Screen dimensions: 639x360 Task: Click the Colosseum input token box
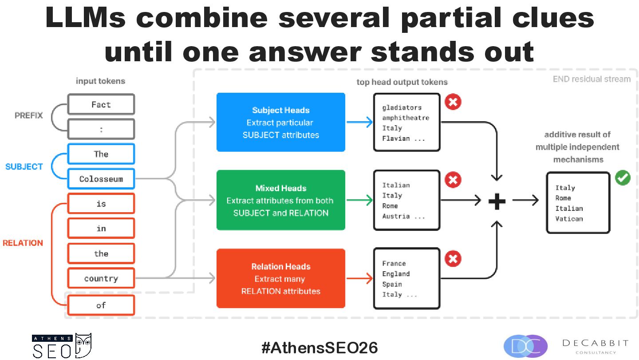click(101, 179)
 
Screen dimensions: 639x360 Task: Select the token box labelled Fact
click(101, 104)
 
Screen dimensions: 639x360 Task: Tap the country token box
click(101, 278)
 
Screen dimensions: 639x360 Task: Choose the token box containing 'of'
click(101, 305)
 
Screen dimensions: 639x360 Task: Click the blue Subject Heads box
click(281, 122)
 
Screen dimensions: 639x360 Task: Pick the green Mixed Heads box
click(281, 200)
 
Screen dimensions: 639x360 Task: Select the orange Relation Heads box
click(281, 278)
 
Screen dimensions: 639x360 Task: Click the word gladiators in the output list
click(402, 107)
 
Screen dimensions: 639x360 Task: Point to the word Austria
click(396, 216)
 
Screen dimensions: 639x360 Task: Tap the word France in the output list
click(394, 263)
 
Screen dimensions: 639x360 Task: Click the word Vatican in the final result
click(569, 219)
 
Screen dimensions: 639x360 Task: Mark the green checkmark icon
click(623, 178)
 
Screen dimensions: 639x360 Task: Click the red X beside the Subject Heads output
click(453, 102)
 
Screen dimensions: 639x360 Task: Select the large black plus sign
click(497, 202)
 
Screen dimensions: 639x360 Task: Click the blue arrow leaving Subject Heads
click(359, 122)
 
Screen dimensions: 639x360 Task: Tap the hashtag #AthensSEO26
click(319, 348)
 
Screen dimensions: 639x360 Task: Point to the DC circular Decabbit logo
click(525, 346)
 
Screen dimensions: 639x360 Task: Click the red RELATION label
click(23, 243)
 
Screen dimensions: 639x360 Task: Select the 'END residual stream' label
click(592, 79)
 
